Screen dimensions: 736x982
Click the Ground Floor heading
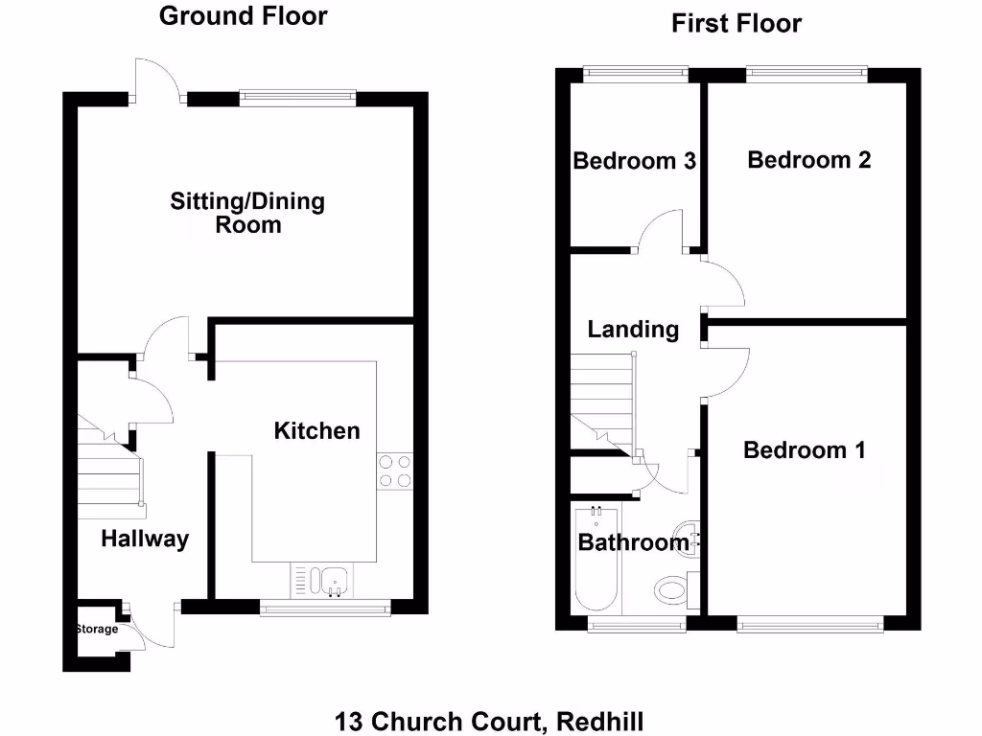tap(243, 16)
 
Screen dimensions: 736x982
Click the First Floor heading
tap(736, 24)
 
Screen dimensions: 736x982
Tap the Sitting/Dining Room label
tap(247, 213)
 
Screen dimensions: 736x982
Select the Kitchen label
tap(317, 431)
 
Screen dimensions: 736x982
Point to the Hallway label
tap(145, 540)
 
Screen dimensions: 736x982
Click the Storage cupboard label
tap(97, 630)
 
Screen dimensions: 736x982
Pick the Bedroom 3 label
tap(634, 161)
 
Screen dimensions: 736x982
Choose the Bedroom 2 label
tap(809, 160)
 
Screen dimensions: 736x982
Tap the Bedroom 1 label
tap(805, 449)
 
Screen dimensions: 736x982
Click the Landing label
tap(633, 330)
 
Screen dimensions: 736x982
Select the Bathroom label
tap(633, 543)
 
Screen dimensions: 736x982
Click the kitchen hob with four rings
tap(395, 471)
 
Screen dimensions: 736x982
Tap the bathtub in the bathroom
tap(596, 562)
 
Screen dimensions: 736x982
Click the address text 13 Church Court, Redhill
tap(489, 721)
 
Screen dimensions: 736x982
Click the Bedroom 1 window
tap(809, 625)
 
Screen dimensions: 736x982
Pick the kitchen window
tap(325, 606)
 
